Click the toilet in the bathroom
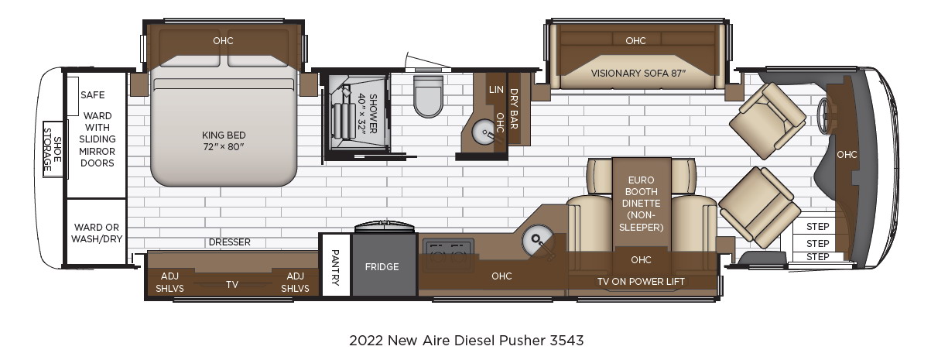pyautogui.click(x=428, y=96)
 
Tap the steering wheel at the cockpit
pyautogui.click(x=823, y=116)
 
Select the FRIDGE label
pyautogui.click(x=382, y=267)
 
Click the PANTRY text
pyautogui.click(x=335, y=267)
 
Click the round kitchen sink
pyautogui.click(x=537, y=240)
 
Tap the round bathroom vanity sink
pyautogui.click(x=484, y=132)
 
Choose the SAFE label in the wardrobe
pyautogui.click(x=92, y=95)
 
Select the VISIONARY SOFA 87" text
pyautogui.click(x=638, y=74)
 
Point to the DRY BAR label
pyautogui.click(x=514, y=109)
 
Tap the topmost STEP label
pyautogui.click(x=817, y=227)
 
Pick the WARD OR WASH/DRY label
pyautogui.click(x=97, y=233)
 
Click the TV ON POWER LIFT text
pyautogui.click(x=641, y=282)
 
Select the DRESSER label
pyautogui.click(x=229, y=242)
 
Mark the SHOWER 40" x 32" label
pyautogui.click(x=367, y=114)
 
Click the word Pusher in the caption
pyautogui.click(x=522, y=341)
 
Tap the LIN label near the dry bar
pyautogui.click(x=496, y=90)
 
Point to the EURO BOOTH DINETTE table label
pyautogui.click(x=641, y=204)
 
